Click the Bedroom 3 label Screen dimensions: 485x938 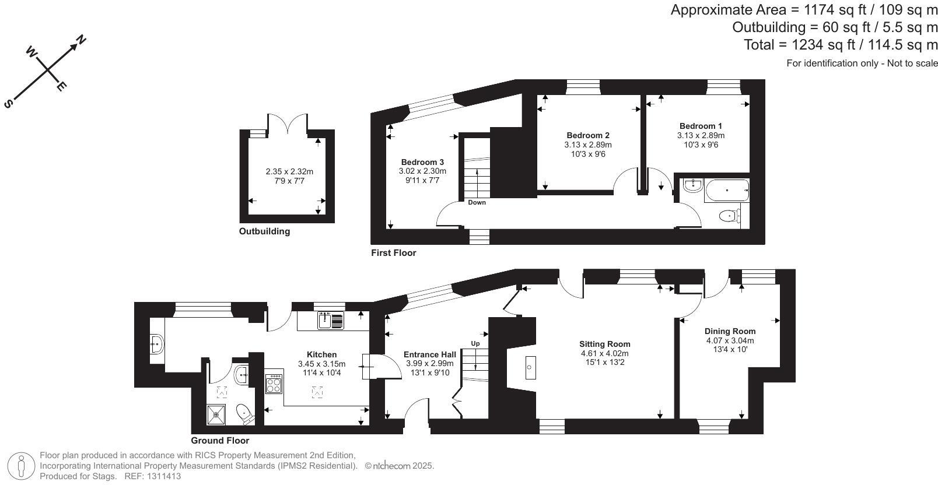click(422, 162)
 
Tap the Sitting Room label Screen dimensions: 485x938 click(604, 344)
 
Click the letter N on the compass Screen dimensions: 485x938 click(82, 40)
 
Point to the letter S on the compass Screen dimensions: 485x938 click(8, 104)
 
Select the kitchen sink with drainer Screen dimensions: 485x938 click(331, 321)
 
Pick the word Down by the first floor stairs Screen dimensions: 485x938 click(477, 202)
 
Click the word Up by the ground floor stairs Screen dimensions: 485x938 click(475, 343)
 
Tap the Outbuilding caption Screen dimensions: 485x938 click(264, 231)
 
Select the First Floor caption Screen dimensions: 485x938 click(394, 253)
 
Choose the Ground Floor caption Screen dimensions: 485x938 click(220, 441)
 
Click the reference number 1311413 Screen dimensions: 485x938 click(165, 476)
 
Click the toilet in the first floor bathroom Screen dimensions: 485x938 click(730, 216)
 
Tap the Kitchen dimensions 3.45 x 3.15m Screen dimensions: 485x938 click(321, 364)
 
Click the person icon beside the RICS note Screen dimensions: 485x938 click(22, 466)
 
